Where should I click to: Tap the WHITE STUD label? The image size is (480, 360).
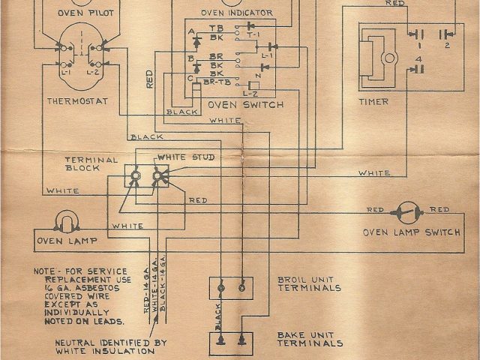[183, 157]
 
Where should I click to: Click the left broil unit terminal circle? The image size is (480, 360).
[223, 286]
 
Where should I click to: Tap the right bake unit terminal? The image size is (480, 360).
[241, 340]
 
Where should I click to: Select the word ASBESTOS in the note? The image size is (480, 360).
[93, 286]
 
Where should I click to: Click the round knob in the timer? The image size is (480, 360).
[390, 58]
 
